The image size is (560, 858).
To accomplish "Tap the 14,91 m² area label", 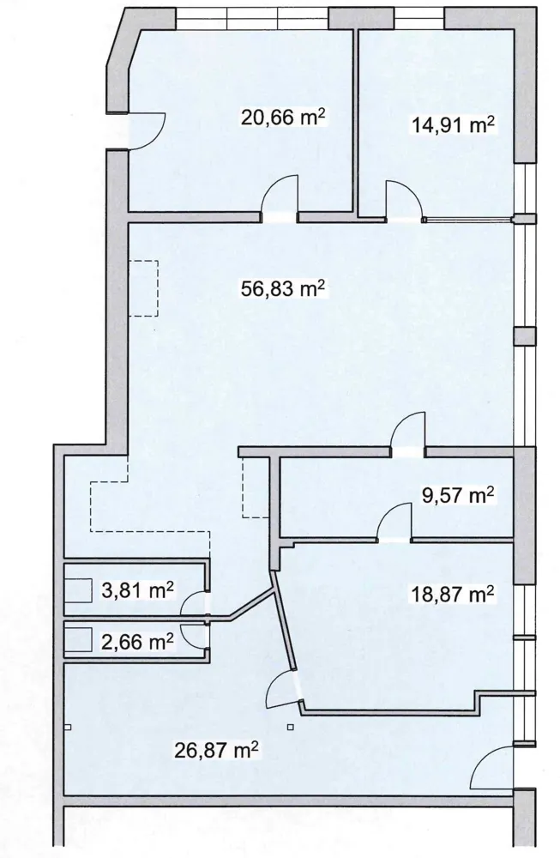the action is (453, 125).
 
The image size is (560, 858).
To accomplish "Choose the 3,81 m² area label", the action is (138, 590).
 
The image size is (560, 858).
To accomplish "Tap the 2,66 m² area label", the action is (138, 641).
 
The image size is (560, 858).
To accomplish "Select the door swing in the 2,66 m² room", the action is (192, 637).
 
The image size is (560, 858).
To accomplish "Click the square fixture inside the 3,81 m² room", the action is (78, 589).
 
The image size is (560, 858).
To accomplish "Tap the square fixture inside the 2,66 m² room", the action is (78, 639).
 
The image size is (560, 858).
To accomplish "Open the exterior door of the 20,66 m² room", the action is (147, 130).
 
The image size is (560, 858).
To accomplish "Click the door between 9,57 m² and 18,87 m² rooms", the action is (394, 523).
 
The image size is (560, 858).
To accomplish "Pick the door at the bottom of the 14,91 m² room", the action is (405, 200).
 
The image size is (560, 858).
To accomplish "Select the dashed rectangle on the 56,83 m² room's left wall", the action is (144, 288).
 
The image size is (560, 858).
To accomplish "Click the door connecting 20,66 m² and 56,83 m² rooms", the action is (280, 197).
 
